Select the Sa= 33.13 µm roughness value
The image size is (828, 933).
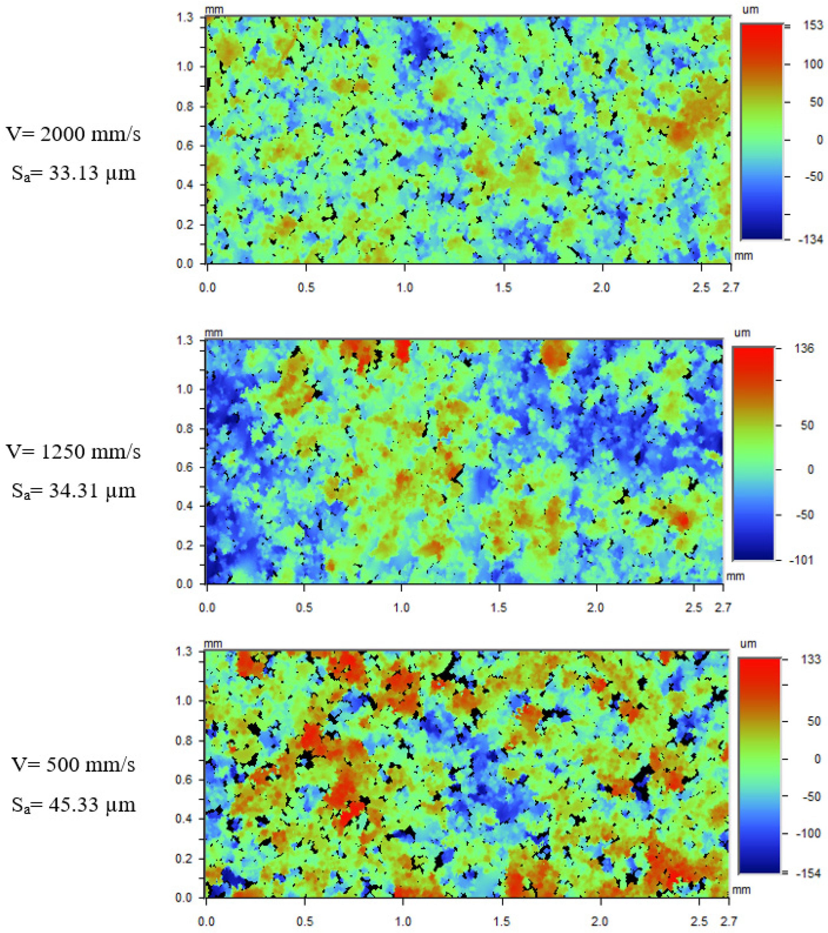(73, 174)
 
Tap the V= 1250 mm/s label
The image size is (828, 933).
(73, 452)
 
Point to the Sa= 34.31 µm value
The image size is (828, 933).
(73, 491)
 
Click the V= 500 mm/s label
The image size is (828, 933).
(73, 765)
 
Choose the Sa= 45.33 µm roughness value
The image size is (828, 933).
(73, 805)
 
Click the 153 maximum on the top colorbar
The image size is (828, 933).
(813, 26)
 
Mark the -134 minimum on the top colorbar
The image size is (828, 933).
(810, 239)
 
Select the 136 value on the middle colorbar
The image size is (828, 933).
(804, 349)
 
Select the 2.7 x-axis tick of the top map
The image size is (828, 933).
(731, 288)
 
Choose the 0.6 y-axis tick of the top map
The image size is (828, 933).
(185, 146)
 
